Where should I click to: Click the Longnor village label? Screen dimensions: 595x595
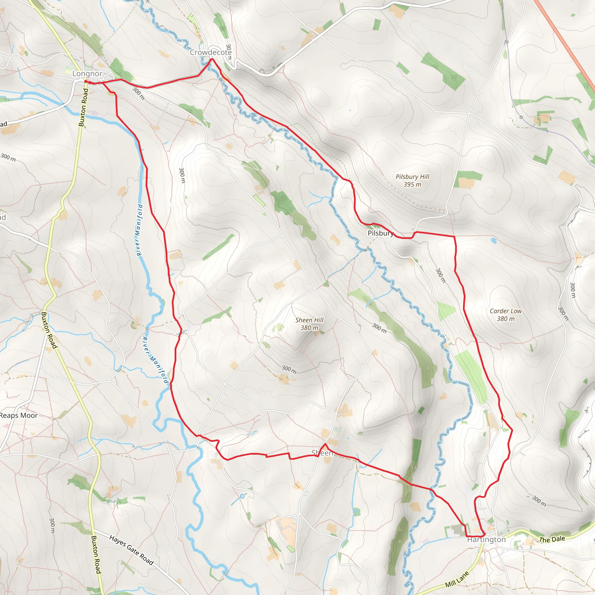[x=87, y=74]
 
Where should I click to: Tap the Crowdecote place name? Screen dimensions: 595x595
[x=211, y=53]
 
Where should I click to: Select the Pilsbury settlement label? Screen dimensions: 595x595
[x=381, y=233]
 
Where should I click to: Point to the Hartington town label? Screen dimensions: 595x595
[x=486, y=540]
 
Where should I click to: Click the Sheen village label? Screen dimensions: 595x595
[x=322, y=453]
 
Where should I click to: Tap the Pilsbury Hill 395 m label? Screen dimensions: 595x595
[x=412, y=180]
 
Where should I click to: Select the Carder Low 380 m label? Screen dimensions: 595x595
[x=506, y=315]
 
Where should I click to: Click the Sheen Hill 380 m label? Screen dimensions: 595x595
[x=309, y=324]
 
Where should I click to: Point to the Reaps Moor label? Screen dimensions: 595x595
[x=19, y=415]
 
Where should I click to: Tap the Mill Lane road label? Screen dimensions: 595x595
[x=457, y=579]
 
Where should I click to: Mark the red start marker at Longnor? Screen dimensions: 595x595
[x=86, y=82]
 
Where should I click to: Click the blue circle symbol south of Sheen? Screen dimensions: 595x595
[x=242, y=496]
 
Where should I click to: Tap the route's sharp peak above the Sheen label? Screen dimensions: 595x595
[x=325, y=444]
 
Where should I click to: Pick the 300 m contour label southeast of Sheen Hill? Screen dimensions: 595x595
[x=379, y=328]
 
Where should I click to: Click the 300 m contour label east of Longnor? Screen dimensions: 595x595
[x=138, y=93]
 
